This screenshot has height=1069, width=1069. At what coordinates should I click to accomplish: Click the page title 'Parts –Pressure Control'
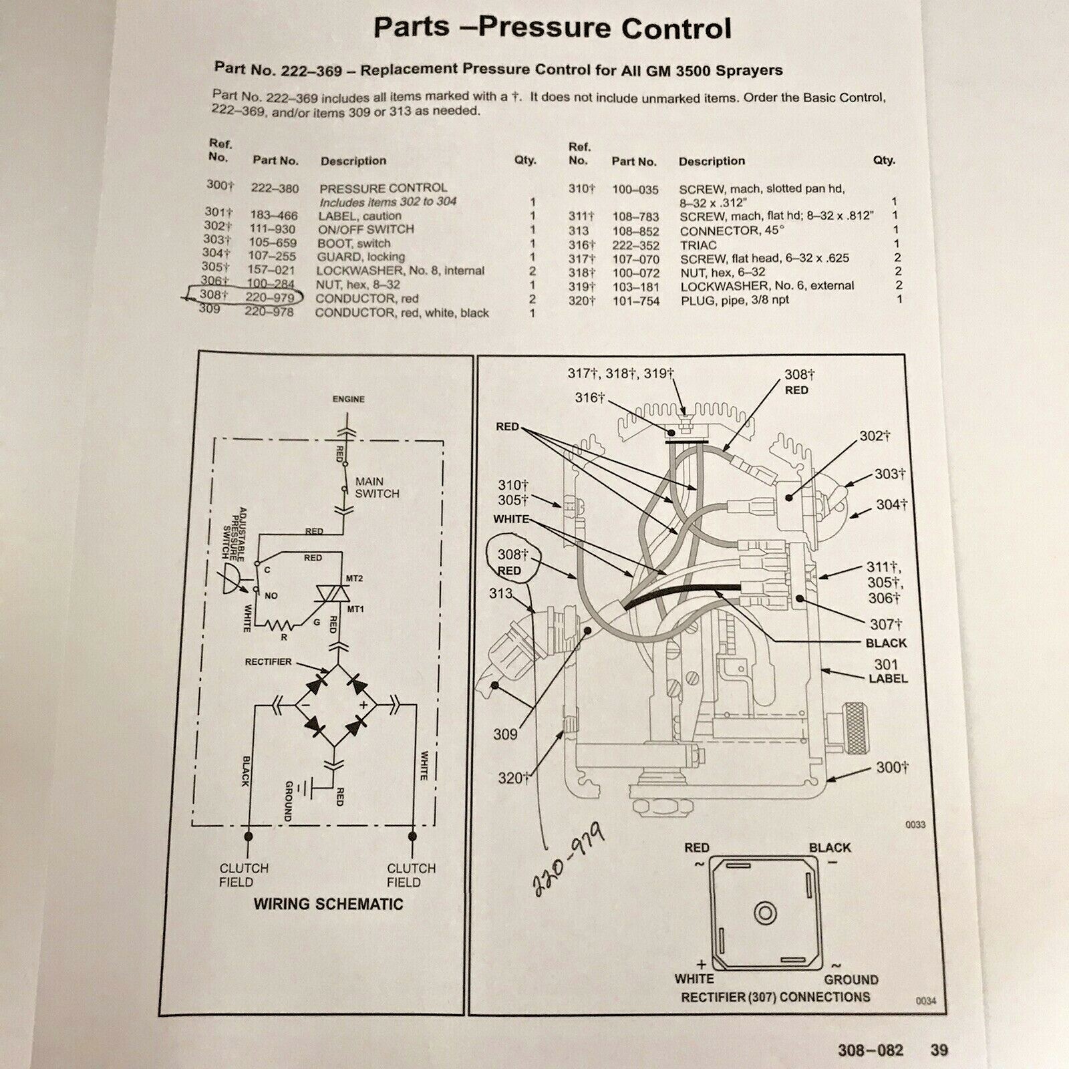point(553,29)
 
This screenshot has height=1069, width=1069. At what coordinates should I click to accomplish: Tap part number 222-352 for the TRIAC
point(636,245)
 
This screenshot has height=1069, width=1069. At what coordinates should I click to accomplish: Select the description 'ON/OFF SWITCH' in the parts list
point(365,229)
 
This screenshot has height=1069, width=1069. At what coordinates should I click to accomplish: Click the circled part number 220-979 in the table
point(269,298)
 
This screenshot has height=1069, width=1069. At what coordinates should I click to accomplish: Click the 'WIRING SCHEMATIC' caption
point(328,905)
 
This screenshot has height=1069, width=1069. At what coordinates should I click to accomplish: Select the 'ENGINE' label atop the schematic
point(349,400)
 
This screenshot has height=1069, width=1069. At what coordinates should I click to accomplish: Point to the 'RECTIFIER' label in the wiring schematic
point(269,661)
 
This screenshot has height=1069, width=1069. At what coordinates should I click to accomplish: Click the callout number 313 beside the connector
point(500,593)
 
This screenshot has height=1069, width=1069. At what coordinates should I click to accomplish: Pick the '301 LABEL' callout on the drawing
point(888,671)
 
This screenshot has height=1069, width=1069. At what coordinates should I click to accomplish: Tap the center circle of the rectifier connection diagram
point(764,913)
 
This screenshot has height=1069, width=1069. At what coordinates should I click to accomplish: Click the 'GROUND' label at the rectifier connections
point(851,980)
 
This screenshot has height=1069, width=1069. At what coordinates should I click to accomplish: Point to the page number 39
point(939,1050)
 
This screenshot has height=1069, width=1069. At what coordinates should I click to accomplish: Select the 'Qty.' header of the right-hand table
point(884,160)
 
